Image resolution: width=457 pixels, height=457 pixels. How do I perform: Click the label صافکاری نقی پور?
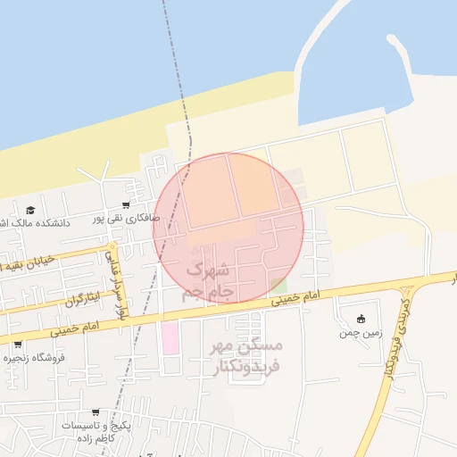129,217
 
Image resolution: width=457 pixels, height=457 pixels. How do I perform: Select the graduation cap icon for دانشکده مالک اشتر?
30,210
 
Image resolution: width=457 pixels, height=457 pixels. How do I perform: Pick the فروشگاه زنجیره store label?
36,357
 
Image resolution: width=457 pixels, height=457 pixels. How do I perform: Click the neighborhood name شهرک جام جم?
207,279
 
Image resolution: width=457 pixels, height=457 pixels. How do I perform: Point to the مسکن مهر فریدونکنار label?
244,355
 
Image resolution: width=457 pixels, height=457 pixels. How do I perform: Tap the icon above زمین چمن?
361,320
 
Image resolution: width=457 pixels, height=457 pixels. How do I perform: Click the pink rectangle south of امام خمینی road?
169,338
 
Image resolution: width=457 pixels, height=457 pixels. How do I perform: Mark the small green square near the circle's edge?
279,286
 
